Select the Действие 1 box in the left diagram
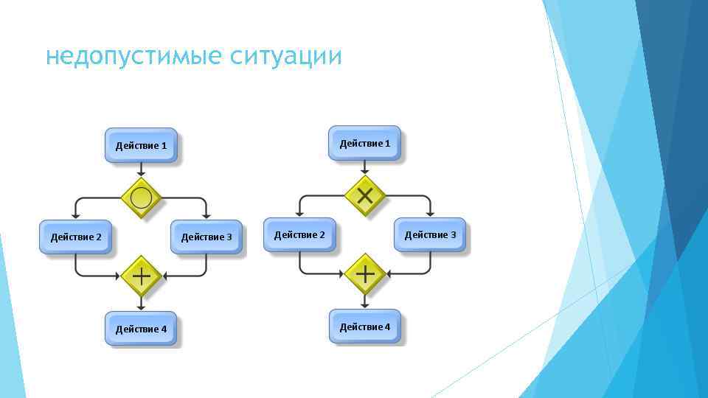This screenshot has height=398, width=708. [x=142, y=145]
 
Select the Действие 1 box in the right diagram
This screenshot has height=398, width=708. [x=365, y=143]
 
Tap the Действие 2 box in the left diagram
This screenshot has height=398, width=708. [x=76, y=237]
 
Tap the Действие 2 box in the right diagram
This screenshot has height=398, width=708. [x=299, y=234]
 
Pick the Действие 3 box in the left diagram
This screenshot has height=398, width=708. [x=206, y=237]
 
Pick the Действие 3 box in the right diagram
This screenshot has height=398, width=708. [x=430, y=234]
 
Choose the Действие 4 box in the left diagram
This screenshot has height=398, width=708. [x=142, y=329]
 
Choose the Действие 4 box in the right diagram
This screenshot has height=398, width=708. [x=365, y=327]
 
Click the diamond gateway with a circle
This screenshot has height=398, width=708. [x=141, y=198]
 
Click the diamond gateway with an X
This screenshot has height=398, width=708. [x=365, y=195]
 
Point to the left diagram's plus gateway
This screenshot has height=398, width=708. [x=141, y=276]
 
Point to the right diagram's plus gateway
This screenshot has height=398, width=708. [x=365, y=274]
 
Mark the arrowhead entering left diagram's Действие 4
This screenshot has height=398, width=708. [x=141, y=307]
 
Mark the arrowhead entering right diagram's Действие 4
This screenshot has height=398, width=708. [x=365, y=305]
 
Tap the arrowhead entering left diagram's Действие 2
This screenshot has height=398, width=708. [x=76, y=215]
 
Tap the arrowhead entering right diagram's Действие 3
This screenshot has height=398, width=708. [x=430, y=213]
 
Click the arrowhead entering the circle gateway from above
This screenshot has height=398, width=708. [x=141, y=173]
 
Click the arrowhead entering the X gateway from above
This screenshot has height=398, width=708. [x=365, y=171]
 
